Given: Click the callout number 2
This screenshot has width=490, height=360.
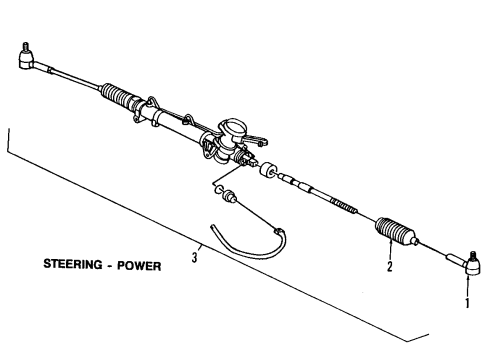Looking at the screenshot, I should click(x=388, y=267).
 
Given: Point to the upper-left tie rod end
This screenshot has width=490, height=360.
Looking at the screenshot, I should click(x=27, y=58).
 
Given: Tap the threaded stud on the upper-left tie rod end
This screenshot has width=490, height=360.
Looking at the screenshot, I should click(x=21, y=47).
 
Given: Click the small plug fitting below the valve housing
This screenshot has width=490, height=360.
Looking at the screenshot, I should click(x=231, y=196).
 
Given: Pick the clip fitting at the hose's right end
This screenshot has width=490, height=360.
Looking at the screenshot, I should click(x=281, y=234).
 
